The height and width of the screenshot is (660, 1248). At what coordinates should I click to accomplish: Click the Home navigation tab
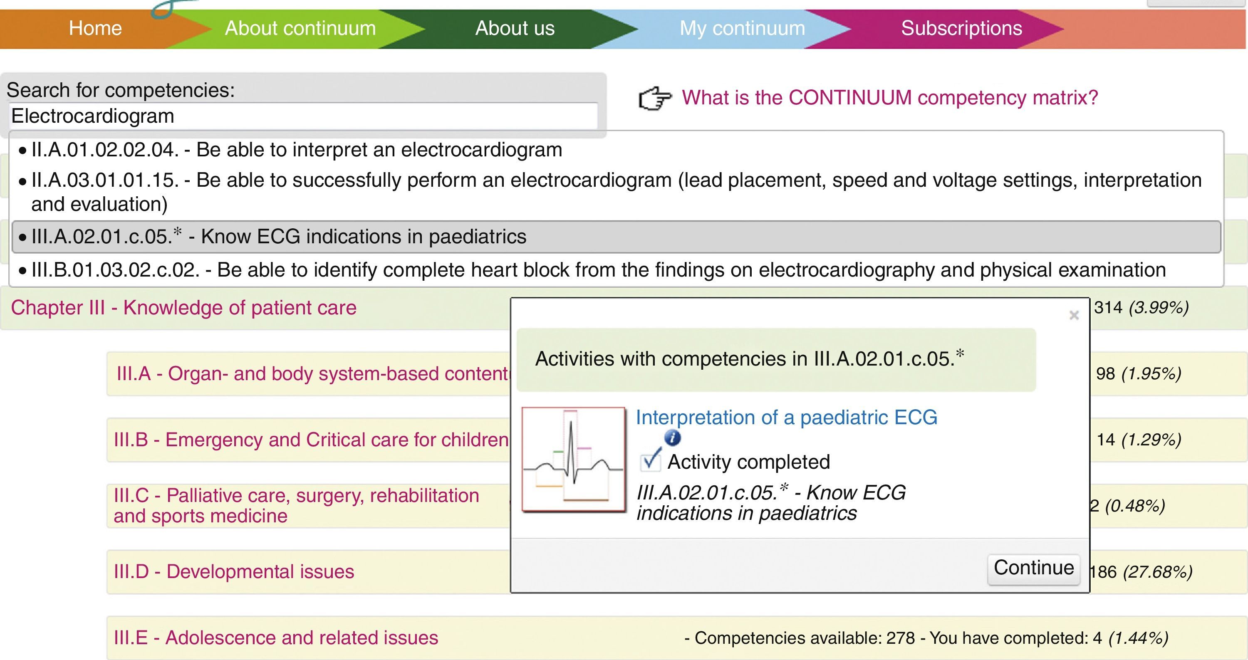pyautogui.click(x=95, y=29)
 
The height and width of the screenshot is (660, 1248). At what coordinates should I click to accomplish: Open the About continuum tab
pyautogui.click(x=300, y=29)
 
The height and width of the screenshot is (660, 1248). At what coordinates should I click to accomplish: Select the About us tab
pyautogui.click(x=515, y=29)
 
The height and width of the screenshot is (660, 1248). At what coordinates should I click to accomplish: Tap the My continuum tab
pyautogui.click(x=742, y=29)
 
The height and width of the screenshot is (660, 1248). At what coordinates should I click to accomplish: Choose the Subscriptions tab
pyautogui.click(x=961, y=29)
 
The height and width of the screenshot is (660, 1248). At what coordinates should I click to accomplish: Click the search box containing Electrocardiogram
pyautogui.click(x=303, y=116)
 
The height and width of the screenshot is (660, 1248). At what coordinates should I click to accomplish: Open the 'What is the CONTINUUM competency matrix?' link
pyautogui.click(x=889, y=98)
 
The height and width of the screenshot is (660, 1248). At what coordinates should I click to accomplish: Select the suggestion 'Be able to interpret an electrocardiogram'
pyautogui.click(x=297, y=150)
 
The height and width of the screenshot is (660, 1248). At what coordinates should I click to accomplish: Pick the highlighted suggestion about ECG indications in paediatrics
pyautogui.click(x=279, y=237)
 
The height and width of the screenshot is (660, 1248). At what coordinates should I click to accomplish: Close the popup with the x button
pyautogui.click(x=1074, y=316)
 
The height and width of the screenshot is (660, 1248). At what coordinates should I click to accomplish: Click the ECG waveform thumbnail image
pyautogui.click(x=573, y=459)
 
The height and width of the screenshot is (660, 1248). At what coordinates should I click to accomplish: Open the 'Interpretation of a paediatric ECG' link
pyautogui.click(x=786, y=418)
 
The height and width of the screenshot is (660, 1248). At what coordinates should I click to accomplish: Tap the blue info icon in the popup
pyautogui.click(x=672, y=438)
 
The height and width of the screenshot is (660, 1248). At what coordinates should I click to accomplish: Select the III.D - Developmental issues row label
pyautogui.click(x=233, y=572)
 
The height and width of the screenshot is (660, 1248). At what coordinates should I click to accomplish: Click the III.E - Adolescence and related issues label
pyautogui.click(x=276, y=638)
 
